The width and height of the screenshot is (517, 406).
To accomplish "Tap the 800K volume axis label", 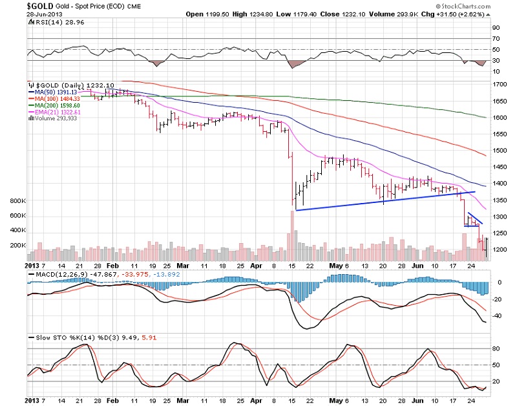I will [x=17, y=201].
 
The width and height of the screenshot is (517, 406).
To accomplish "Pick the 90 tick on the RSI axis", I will [x=496, y=28].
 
